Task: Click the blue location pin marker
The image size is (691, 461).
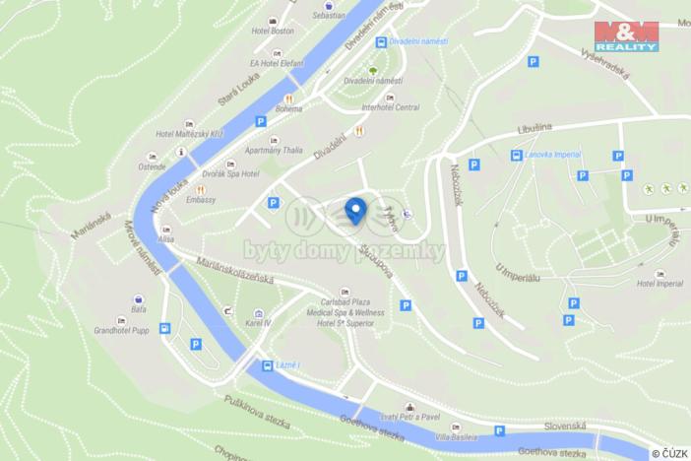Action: [x=355, y=209]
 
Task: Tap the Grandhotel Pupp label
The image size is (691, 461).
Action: [x=120, y=331]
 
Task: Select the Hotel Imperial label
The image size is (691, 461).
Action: [x=659, y=284]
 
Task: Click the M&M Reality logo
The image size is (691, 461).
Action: [x=625, y=35]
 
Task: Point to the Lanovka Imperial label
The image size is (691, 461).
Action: [x=552, y=155]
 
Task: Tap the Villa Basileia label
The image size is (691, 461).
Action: [x=457, y=435]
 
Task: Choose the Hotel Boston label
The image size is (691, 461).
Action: [x=273, y=31]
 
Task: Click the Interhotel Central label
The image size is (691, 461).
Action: [x=391, y=107]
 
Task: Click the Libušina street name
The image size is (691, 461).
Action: [x=537, y=129]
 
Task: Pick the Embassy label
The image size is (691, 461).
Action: [x=201, y=199]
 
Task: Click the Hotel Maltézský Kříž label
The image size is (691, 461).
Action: [x=190, y=134]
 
